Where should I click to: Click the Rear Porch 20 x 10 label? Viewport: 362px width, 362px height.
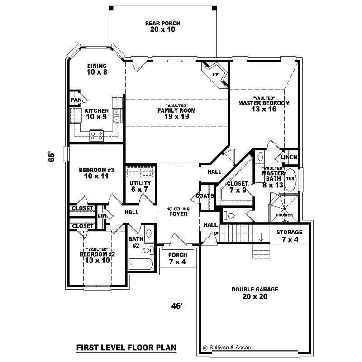(x=162, y=26)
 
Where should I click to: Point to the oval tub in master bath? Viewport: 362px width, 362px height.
(x=291, y=178)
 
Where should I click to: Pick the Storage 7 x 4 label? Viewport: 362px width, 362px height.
(x=289, y=235)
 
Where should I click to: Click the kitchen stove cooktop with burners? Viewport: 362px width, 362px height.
(x=96, y=134)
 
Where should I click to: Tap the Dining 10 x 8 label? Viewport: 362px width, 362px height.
(x=97, y=69)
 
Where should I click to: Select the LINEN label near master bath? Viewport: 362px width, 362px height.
(x=289, y=157)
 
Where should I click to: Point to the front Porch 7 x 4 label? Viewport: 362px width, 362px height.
(x=177, y=258)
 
